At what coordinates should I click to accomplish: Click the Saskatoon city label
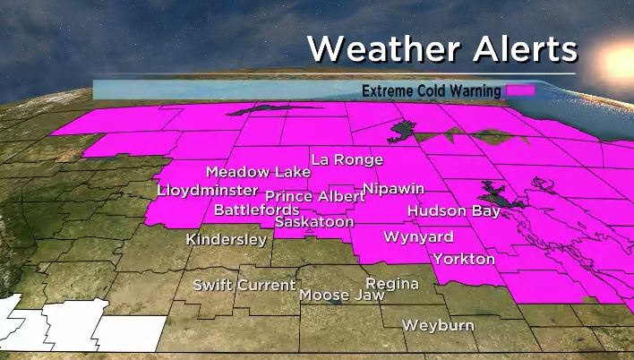coord(314,221)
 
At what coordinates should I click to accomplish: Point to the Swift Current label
coord(244,285)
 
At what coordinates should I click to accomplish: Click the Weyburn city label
coord(438,325)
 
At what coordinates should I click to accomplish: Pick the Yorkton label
coord(464,259)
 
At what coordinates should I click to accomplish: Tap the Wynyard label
coord(418,237)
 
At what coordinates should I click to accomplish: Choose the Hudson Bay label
coord(449,211)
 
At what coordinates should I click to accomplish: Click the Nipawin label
coord(393,189)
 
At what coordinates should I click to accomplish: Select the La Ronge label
coord(347,159)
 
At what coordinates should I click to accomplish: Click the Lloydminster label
coord(208,190)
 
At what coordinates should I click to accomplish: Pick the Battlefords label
coord(256,210)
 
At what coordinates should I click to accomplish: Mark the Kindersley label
coord(226,239)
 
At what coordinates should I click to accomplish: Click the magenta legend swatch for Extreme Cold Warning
coord(519,90)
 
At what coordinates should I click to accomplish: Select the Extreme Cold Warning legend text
coord(433,90)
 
